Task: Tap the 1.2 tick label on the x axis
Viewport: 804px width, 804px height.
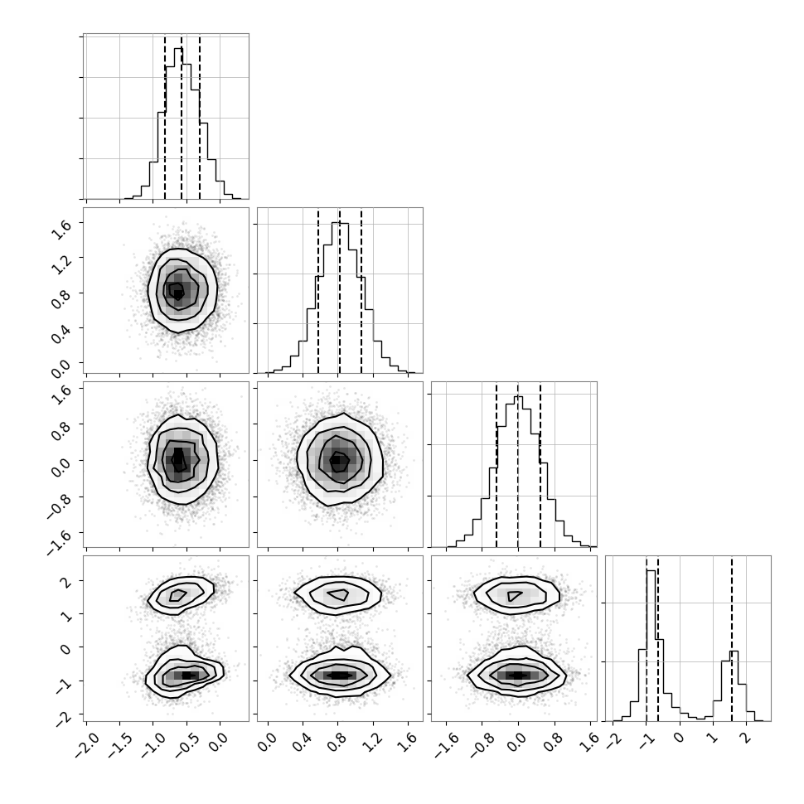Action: click(375, 743)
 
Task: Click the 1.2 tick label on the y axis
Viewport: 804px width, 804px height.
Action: click(61, 264)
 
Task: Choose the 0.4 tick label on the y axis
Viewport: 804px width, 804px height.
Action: click(61, 334)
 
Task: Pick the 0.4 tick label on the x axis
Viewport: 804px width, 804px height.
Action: click(304, 743)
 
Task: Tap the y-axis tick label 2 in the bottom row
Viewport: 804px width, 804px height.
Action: click(66, 582)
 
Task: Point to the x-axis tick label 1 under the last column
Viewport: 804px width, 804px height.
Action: click(713, 738)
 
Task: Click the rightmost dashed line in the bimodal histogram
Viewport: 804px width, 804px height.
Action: click(732, 638)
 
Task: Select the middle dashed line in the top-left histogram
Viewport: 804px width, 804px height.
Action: click(182, 116)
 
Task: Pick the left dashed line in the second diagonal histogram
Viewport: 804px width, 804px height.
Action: click(318, 290)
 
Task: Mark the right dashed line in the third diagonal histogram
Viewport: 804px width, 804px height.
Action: click(540, 464)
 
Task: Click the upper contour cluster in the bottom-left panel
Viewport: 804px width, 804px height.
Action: click(181, 595)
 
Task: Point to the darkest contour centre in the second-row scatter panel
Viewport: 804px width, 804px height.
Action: click(177, 291)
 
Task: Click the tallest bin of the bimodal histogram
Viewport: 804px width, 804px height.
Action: click(651, 646)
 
